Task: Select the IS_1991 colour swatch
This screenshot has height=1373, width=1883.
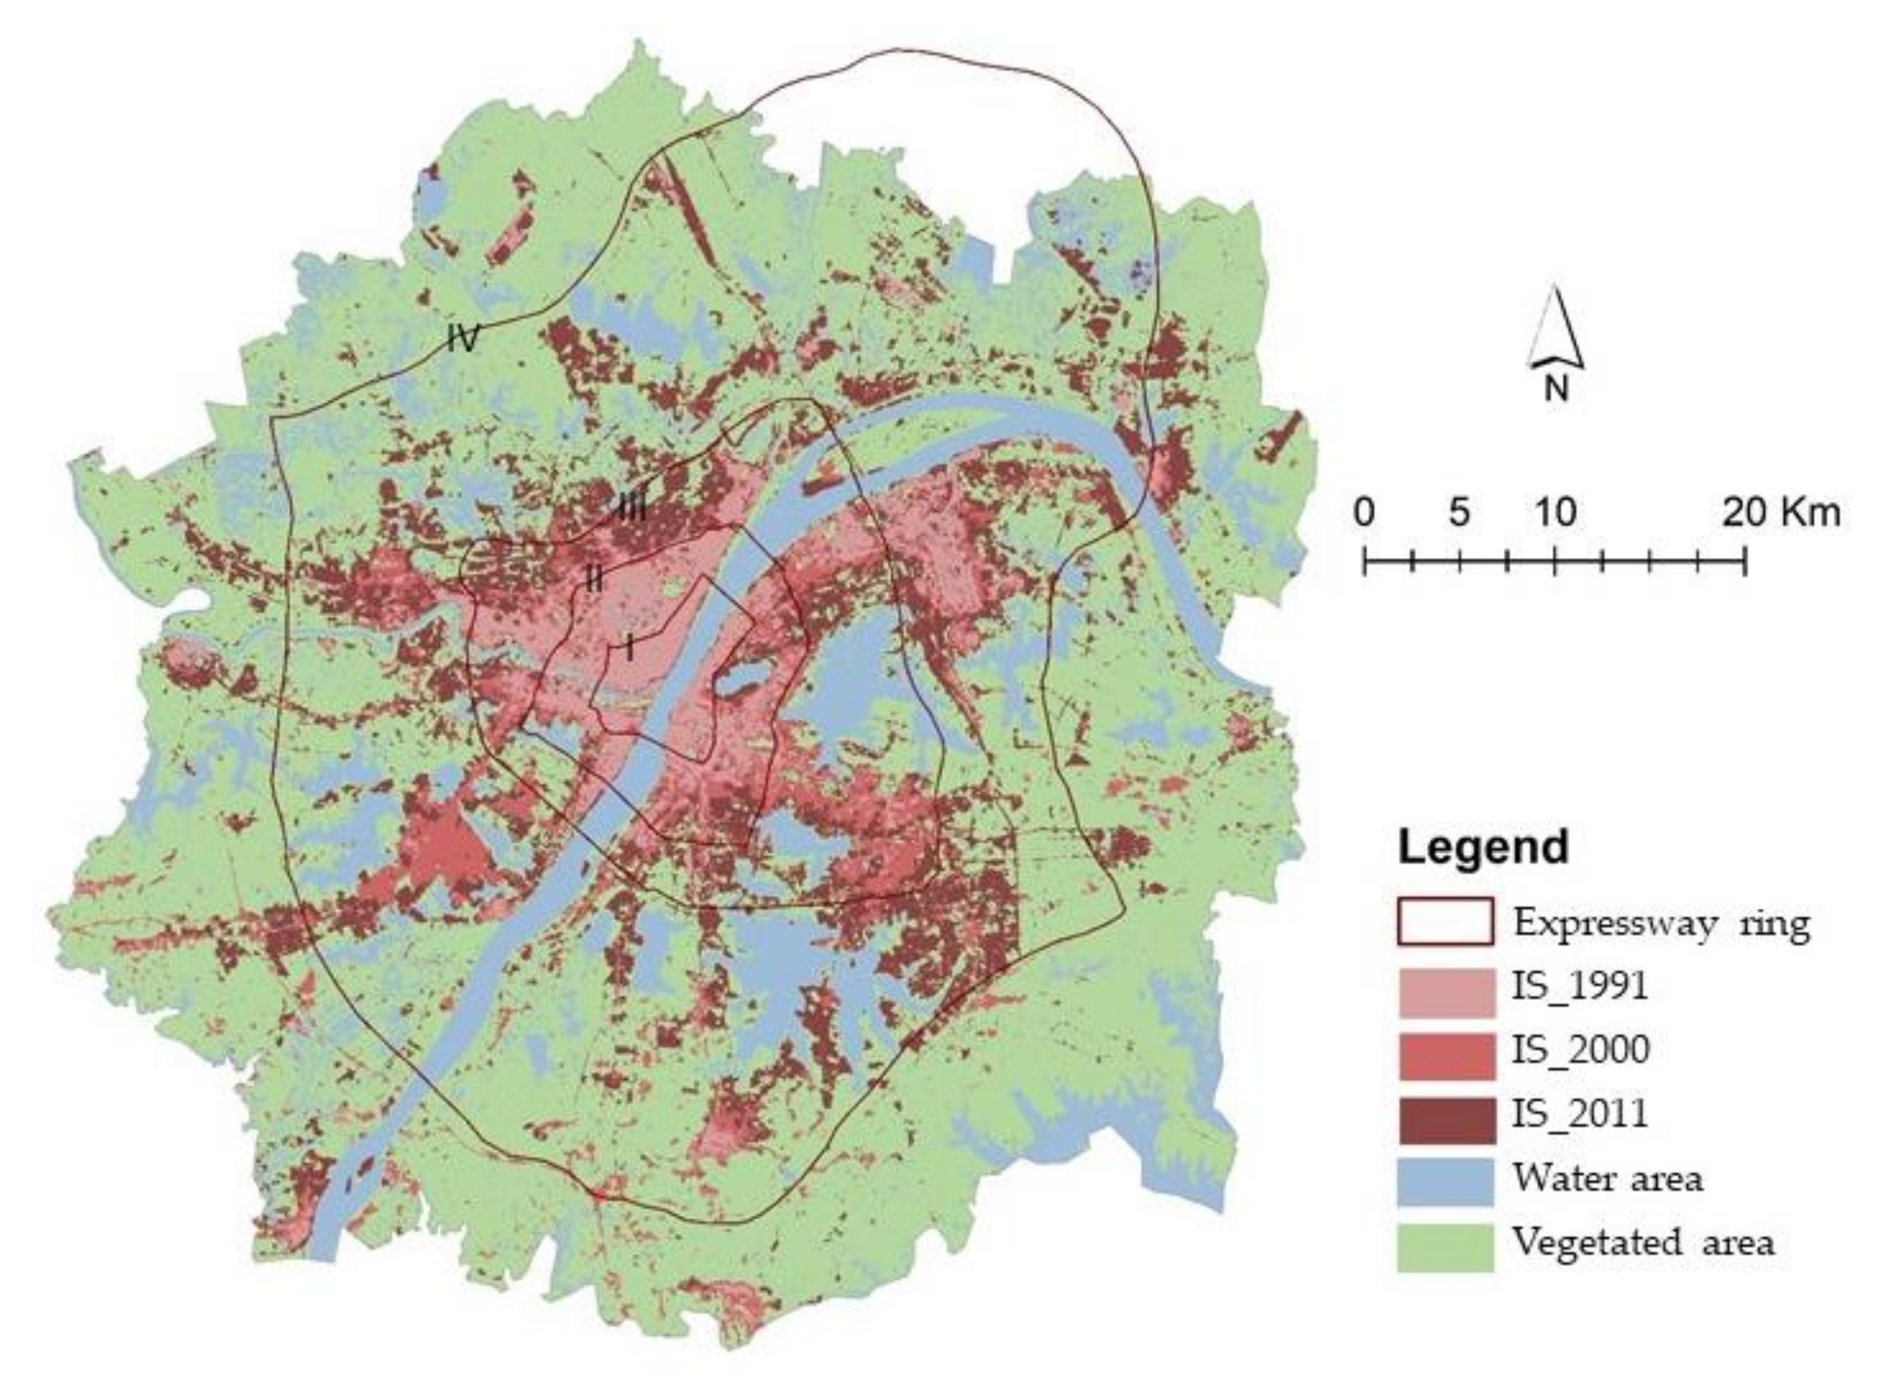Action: pyautogui.click(x=1445, y=992)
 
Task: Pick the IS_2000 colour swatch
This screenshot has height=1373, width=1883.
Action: pyautogui.click(x=1445, y=1056)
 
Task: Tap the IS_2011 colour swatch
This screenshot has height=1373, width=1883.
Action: pyautogui.click(x=1445, y=1119)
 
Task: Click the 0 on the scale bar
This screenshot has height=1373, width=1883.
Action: pyautogui.click(x=1364, y=513)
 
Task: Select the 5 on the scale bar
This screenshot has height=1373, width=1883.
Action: pyautogui.click(x=1459, y=513)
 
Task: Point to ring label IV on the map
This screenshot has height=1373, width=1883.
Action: pyautogui.click(x=463, y=338)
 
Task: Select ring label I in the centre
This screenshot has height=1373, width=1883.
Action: pyautogui.click(x=630, y=647)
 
